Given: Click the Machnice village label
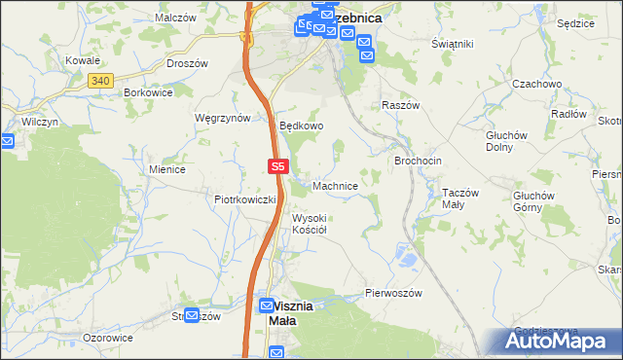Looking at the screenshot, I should pos(340,185).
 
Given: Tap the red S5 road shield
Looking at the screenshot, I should pos(277,167).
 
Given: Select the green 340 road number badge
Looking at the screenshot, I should pos(99,80).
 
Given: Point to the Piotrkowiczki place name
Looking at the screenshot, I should pos(245,198).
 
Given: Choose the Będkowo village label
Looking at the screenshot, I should pos(301,126).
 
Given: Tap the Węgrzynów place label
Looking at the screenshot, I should pos(223,117).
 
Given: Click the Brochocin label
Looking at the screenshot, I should pos(419,161).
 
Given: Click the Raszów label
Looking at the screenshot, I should pos(400,104).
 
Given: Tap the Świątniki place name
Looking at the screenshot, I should pos(452,45).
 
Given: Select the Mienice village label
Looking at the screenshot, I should pos(167,168).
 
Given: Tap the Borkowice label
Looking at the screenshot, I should pos(149,92).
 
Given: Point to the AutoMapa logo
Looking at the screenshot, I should pos(561,342).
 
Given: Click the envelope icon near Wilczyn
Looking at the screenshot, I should pos(8,141).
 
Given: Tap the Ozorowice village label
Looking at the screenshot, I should pos(108,338).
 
